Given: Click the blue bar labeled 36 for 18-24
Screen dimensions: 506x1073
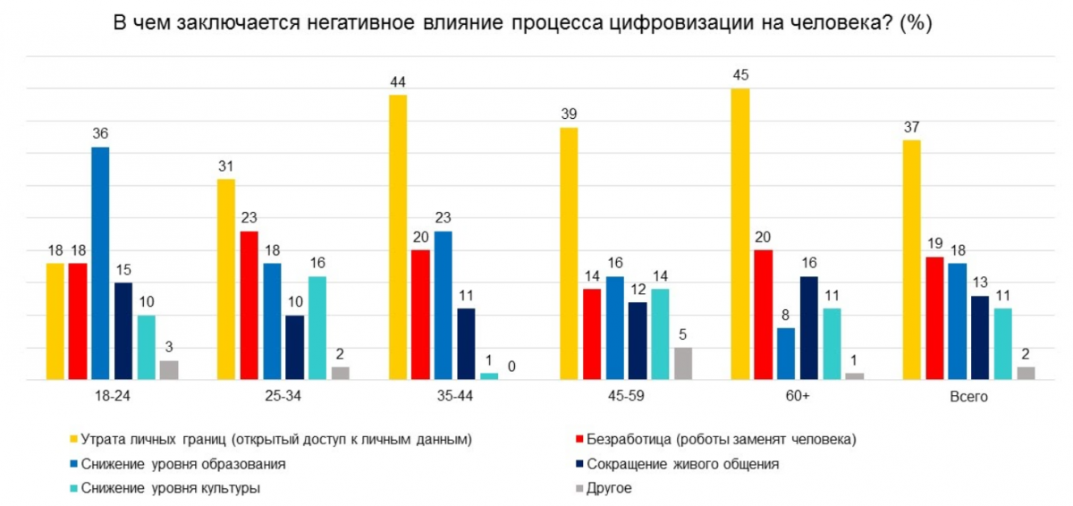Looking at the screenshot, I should tap(100, 264).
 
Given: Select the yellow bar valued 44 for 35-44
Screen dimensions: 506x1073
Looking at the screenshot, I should tap(398, 237).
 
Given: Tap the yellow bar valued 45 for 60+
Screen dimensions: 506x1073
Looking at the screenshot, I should tap(740, 234).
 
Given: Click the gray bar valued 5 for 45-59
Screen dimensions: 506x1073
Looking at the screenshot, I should tap(682, 364).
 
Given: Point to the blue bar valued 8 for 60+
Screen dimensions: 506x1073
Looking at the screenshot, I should tap(785, 354).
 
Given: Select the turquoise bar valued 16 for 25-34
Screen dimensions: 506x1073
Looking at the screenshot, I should tap(317, 328).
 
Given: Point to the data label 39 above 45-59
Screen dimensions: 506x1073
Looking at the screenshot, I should tap(569, 114).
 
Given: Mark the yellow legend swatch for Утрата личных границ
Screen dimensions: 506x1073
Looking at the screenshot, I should tap(73, 440).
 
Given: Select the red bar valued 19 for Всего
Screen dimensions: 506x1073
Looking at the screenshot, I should tap(935, 318).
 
